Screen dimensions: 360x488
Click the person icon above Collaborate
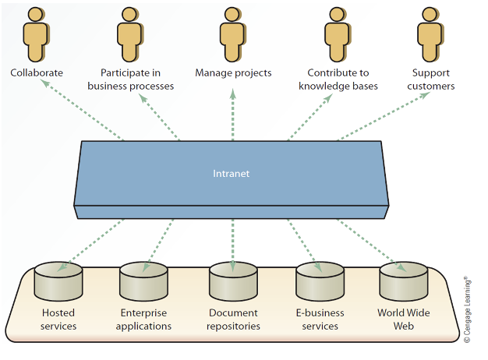tap(37, 34)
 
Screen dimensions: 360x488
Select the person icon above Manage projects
tap(233, 34)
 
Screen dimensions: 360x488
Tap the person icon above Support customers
tap(430, 34)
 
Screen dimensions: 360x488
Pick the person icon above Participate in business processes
tap(130, 34)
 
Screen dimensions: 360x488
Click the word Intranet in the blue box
tap(232, 174)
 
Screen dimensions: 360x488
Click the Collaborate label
tap(37, 72)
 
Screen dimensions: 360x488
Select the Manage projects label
tap(233, 72)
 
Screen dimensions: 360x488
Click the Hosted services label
tap(58, 319)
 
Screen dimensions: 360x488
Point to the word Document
tap(233, 313)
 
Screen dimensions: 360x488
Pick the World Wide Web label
tap(403, 319)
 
